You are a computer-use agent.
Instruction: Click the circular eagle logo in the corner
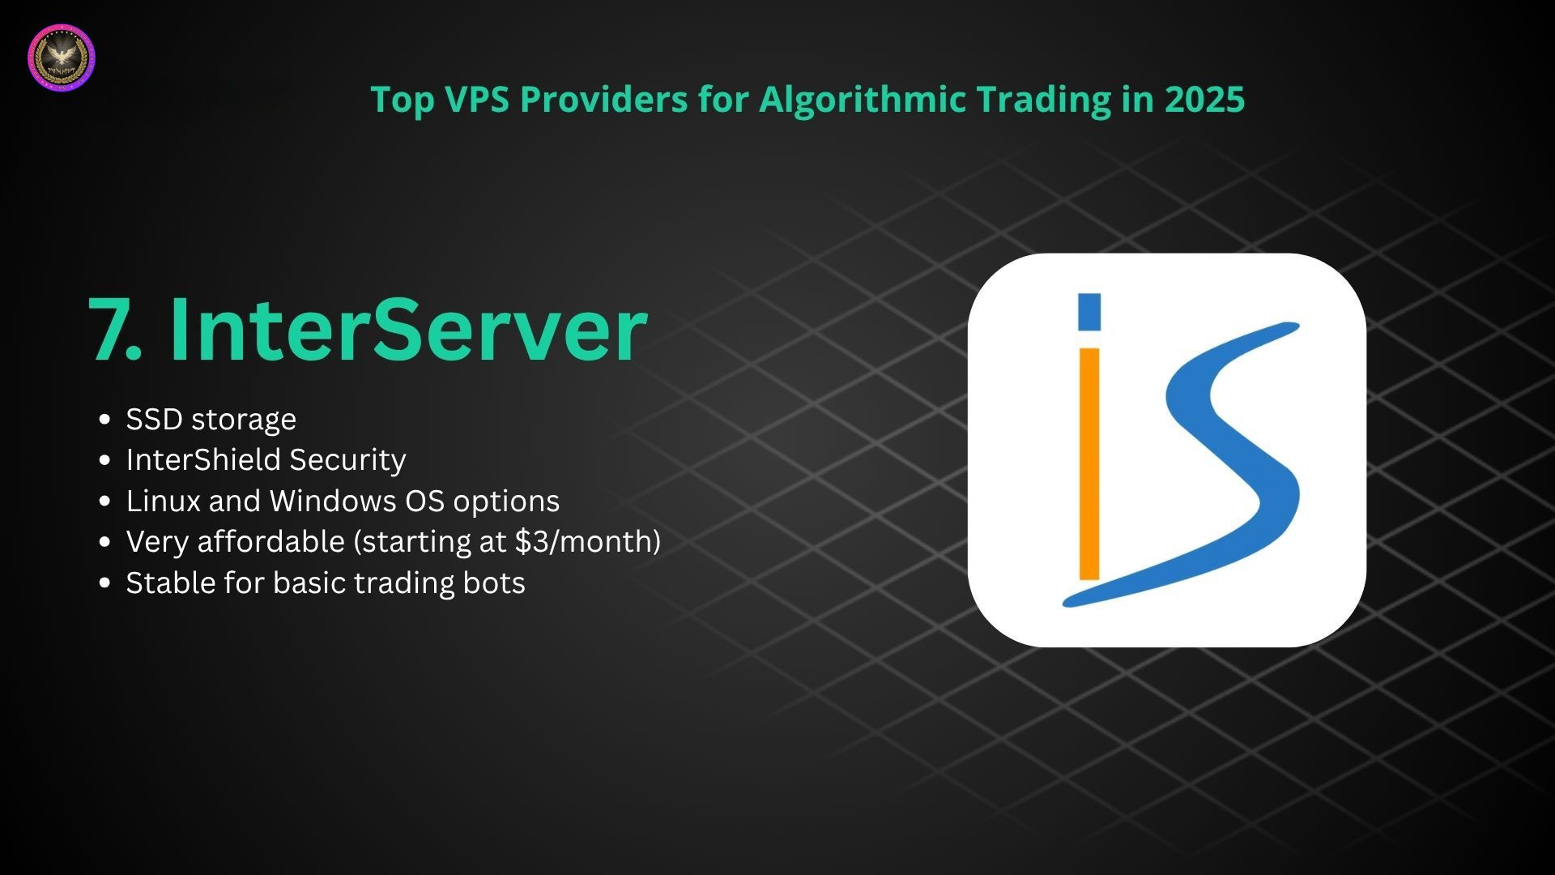point(62,58)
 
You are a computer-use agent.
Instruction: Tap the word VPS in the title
point(478,99)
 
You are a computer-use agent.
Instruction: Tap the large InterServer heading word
point(408,328)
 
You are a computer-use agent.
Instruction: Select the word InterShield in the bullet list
point(203,459)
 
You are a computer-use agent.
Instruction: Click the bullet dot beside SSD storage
point(104,419)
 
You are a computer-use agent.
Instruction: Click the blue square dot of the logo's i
point(1089,312)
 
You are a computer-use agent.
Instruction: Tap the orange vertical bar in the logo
point(1089,464)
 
